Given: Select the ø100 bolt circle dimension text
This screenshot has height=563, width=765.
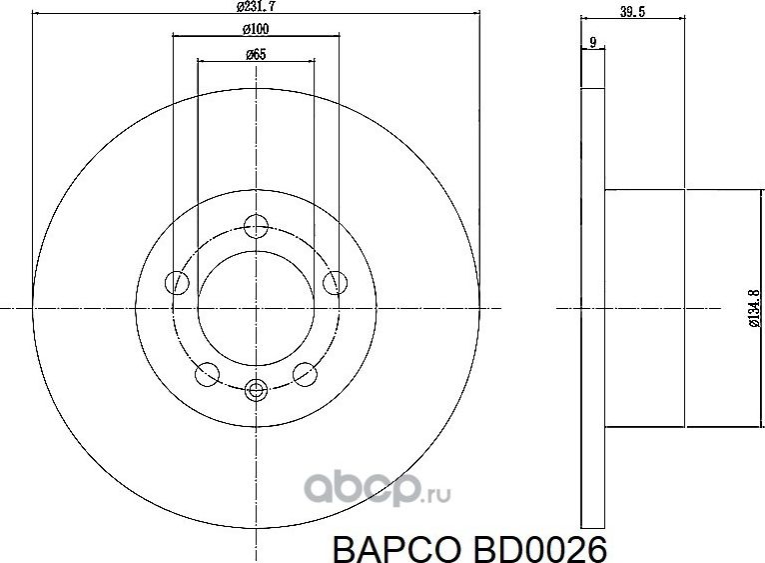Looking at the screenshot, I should [x=257, y=28].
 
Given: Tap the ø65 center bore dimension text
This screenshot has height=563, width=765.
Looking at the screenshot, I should [x=256, y=54].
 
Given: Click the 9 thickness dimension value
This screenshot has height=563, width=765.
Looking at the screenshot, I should [x=593, y=42].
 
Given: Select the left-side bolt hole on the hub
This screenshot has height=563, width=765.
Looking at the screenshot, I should [x=178, y=282].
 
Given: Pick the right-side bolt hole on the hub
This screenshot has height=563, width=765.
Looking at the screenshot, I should [x=336, y=282].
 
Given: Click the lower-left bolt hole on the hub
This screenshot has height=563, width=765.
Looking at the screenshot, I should [x=207, y=374].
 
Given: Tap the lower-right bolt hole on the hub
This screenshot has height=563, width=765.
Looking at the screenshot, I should [x=306, y=374].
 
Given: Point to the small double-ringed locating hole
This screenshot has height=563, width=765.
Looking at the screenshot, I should [x=257, y=390].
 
